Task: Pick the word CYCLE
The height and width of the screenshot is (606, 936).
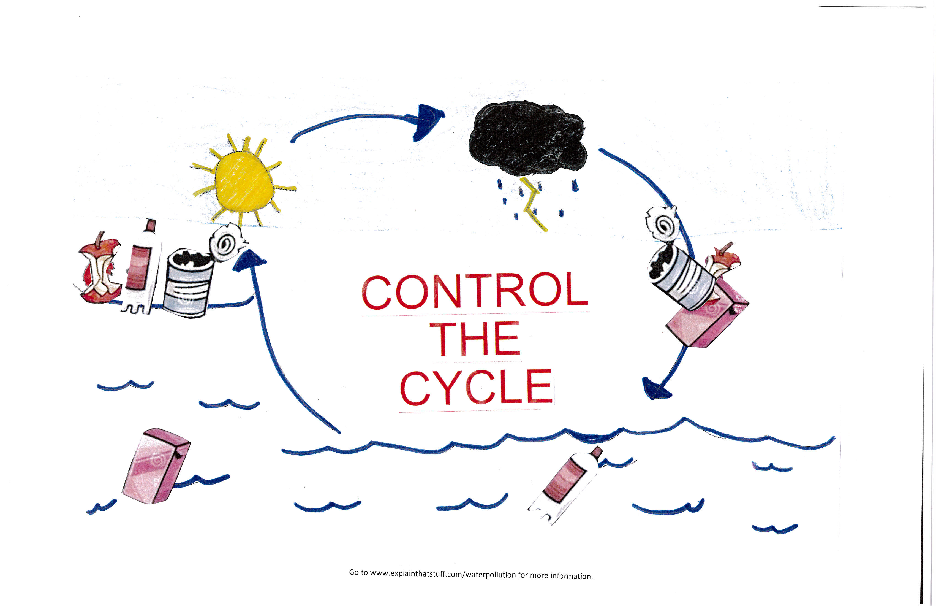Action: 476,387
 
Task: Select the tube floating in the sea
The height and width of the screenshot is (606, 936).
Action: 564,486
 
